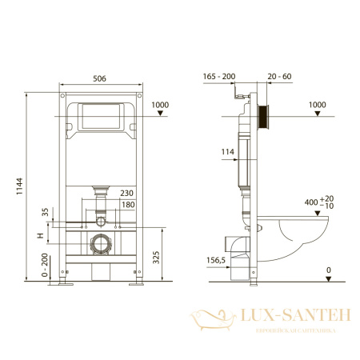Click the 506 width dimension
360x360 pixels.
click(x=100, y=79)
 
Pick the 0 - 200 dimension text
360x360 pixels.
click(x=31, y=264)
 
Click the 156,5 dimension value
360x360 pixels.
click(x=216, y=259)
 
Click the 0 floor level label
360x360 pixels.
click(x=328, y=270)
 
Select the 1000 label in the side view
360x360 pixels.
click(x=318, y=105)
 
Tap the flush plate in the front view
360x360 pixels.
click(x=100, y=118)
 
